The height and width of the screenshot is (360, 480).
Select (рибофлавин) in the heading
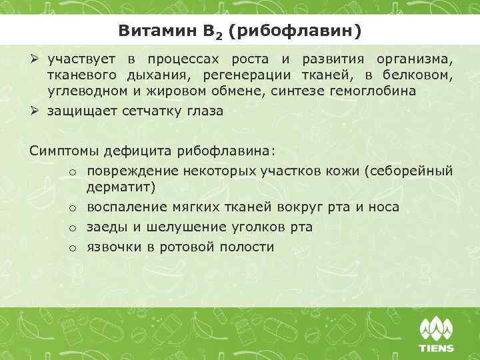[295, 31]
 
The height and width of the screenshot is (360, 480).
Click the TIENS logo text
[437, 347]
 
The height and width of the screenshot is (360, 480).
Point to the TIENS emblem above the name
[437, 329]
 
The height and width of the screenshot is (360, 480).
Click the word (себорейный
[409, 171]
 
